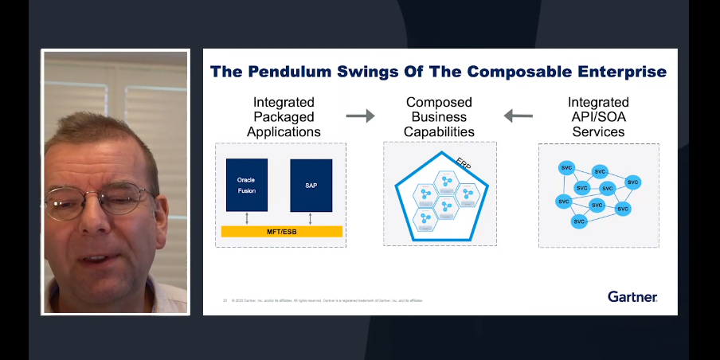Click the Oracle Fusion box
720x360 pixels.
(246, 184)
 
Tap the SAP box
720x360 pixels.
(311, 185)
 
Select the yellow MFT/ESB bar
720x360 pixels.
(281, 231)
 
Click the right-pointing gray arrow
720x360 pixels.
(360, 116)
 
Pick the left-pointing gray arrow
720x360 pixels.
(518, 116)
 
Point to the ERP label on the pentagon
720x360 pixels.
(464, 163)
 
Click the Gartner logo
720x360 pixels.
(632, 296)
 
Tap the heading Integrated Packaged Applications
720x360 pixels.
(284, 116)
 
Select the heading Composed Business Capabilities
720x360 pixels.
(439, 116)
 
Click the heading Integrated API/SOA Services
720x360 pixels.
(598, 116)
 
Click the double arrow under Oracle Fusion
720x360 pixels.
(246, 218)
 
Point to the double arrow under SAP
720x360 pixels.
(311, 218)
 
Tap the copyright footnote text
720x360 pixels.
(327, 300)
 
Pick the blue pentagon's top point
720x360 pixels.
(439, 148)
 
